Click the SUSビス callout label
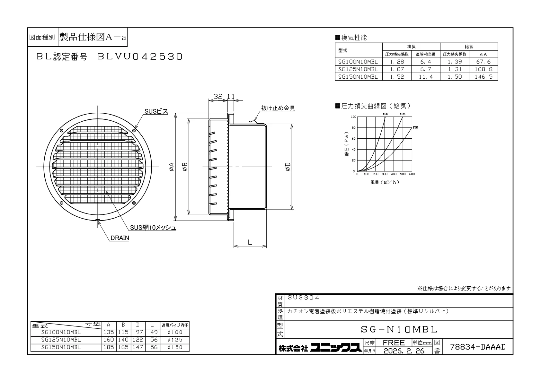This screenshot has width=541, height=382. click(x=156, y=111)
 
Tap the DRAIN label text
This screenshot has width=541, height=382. click(x=120, y=238)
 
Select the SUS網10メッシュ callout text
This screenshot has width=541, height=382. click(x=153, y=228)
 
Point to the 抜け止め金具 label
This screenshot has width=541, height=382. click(x=278, y=108)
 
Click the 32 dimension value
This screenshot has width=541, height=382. click(x=218, y=97)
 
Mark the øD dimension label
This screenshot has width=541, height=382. click(x=288, y=167)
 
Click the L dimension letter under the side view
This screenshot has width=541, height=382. click(x=250, y=242)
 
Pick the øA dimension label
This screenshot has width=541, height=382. click(x=171, y=167)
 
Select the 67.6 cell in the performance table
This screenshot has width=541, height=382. click(x=483, y=62)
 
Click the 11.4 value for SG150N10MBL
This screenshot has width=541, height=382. click(x=426, y=77)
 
